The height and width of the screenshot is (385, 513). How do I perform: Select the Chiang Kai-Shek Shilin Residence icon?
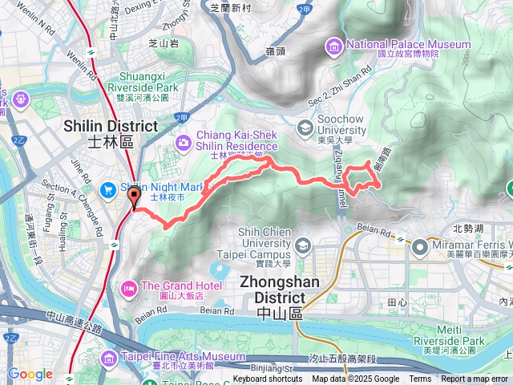coord(184,142)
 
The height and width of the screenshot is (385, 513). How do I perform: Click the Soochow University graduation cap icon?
coord(305,127)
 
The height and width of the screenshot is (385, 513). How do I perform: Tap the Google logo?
coord(30,374)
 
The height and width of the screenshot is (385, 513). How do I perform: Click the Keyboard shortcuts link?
coord(268,379)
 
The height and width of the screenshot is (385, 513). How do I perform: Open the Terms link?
coord(420,379)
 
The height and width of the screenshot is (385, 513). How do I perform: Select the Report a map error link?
coord(475,379)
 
